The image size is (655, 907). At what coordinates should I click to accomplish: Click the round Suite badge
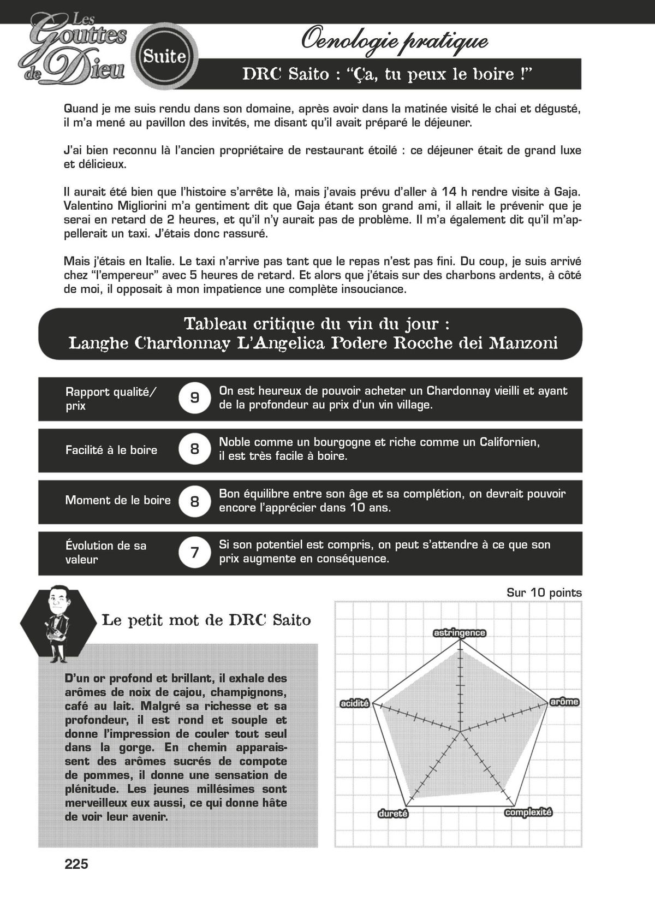click(x=165, y=56)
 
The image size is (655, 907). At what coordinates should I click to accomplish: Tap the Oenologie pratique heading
click(x=394, y=41)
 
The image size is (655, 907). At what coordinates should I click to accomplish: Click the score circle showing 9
click(x=195, y=398)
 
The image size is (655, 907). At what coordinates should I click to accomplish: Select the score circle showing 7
click(x=195, y=553)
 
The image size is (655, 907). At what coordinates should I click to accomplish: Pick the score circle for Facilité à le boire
click(x=195, y=449)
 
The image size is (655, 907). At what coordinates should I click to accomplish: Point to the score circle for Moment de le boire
click(x=195, y=501)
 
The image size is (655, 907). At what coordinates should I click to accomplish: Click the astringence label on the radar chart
click(x=459, y=633)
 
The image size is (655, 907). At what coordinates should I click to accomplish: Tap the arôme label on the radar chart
click(x=564, y=702)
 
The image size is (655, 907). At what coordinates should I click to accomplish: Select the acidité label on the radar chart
click(x=355, y=704)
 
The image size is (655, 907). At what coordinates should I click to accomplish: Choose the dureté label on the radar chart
click(x=393, y=814)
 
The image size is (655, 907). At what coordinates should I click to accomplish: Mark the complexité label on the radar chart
click(x=528, y=812)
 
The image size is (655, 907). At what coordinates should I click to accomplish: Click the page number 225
click(x=76, y=864)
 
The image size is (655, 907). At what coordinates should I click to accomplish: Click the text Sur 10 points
click(x=544, y=592)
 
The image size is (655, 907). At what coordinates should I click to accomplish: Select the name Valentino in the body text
click(x=88, y=206)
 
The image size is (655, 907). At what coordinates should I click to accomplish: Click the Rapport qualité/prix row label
click(x=111, y=399)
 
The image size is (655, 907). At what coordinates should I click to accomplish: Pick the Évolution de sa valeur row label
click(x=106, y=552)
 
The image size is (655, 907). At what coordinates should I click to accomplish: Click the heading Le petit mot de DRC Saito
click(x=206, y=620)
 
